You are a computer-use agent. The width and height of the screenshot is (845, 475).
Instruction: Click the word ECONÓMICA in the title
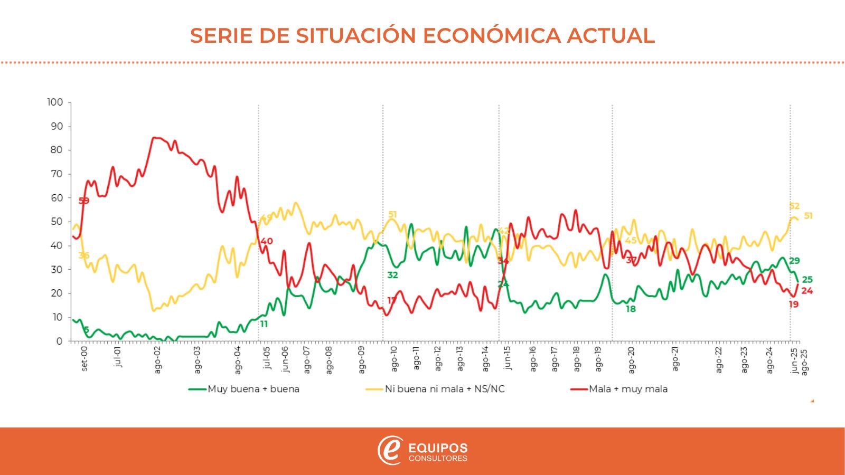tap(492, 35)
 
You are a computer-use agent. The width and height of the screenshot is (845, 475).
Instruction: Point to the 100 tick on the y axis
tap(55, 102)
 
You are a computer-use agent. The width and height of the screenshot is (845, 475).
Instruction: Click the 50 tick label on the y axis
tap(57, 222)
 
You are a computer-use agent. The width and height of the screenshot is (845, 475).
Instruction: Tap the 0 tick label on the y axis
tap(60, 341)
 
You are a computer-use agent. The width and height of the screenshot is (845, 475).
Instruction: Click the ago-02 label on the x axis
tap(158, 360)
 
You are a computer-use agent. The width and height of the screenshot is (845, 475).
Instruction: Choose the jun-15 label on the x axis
tap(508, 358)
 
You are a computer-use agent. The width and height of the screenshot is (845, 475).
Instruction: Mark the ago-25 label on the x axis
tap(804, 361)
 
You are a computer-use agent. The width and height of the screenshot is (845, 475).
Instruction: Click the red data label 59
tap(84, 201)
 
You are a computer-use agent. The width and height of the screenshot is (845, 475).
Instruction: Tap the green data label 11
tap(264, 324)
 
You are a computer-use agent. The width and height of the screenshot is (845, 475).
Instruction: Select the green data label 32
tap(392, 275)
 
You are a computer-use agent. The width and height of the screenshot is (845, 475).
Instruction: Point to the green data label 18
tap(631, 309)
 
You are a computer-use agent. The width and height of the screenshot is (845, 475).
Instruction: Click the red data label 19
tap(794, 305)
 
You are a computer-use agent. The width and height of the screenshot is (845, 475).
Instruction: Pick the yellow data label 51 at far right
tap(808, 215)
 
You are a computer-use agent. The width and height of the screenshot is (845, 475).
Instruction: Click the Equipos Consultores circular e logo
tap(390, 451)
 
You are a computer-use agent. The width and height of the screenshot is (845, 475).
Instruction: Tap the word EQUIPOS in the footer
tap(438, 448)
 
